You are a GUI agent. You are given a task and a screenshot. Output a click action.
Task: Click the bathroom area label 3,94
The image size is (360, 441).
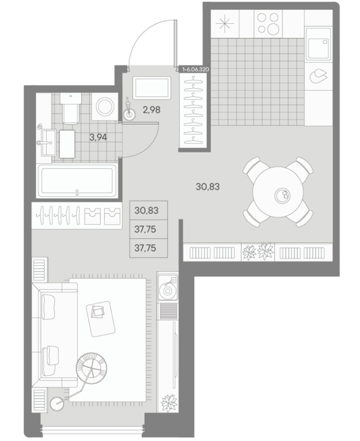point(98,137)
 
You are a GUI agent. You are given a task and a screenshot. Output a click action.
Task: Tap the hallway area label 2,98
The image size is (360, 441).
point(151,110)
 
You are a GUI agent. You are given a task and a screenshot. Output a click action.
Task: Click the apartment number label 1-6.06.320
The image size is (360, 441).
point(195,69)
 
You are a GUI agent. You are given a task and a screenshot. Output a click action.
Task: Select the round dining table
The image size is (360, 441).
point(278,192)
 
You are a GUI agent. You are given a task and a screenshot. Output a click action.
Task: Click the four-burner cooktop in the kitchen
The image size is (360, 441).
point(268,23)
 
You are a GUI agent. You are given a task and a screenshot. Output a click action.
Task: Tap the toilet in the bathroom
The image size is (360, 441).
point(71,108)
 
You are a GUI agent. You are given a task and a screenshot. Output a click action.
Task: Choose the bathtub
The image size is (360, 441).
point(78,181)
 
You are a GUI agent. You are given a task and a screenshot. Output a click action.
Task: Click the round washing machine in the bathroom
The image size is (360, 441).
point(105,106)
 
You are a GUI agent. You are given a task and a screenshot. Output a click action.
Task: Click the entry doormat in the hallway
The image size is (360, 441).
point(152,88)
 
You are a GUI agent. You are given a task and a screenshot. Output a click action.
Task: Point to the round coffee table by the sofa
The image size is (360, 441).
point(91,367)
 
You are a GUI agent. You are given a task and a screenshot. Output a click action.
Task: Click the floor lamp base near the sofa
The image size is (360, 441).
point(57,404)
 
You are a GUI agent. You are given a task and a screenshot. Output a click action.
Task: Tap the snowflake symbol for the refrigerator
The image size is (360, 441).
point(225,23)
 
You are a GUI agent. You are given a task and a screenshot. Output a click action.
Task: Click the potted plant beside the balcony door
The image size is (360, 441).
point(169,403)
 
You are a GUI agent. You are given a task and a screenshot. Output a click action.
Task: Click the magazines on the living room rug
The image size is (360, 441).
point(98,311)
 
